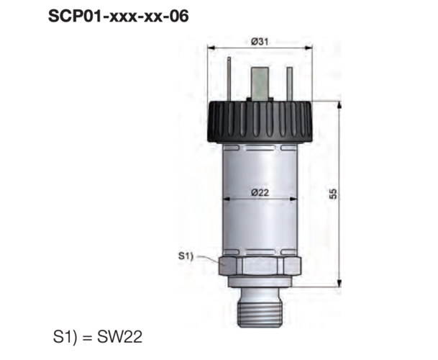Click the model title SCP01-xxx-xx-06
119,16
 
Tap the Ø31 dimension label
260,42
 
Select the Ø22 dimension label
260,192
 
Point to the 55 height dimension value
333,194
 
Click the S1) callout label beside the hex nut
186,256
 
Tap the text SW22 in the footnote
119,337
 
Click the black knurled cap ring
260,122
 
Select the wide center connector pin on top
260,84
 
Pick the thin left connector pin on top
229,79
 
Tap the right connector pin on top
290,84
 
